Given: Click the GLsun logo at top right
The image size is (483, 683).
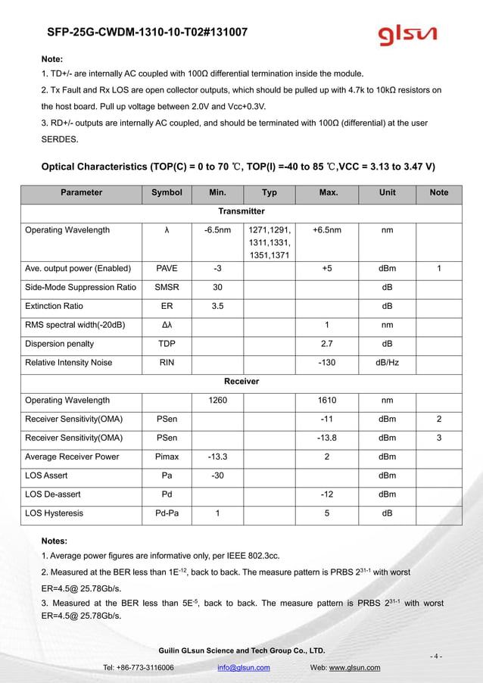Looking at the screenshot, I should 408,35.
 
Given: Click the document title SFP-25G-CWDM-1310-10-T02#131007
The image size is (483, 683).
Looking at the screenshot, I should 146,33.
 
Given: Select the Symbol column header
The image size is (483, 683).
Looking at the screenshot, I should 167,192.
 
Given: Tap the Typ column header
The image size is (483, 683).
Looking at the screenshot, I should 269,192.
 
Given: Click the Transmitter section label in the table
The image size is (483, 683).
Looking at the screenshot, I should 241,211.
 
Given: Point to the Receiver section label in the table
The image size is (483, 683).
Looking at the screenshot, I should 241,382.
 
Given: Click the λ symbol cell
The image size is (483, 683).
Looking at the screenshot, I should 167,230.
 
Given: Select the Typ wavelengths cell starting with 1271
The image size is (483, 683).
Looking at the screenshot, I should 269,242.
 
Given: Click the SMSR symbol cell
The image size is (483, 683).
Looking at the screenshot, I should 167,287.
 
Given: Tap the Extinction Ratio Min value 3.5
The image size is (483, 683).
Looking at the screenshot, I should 217,306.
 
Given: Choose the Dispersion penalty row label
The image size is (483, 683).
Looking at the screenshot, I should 58,344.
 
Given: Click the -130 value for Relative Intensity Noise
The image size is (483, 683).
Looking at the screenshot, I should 327,363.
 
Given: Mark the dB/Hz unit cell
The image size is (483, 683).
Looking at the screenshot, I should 387,363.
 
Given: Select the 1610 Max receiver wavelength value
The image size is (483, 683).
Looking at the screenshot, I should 327,400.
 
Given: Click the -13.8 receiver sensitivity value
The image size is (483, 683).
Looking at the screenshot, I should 327,438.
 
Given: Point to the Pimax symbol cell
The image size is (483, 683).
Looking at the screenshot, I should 167,457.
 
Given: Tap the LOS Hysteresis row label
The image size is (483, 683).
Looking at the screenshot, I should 54,513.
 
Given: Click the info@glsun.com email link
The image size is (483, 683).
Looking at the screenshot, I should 243,667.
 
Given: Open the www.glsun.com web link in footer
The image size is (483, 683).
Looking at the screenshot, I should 354,667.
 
